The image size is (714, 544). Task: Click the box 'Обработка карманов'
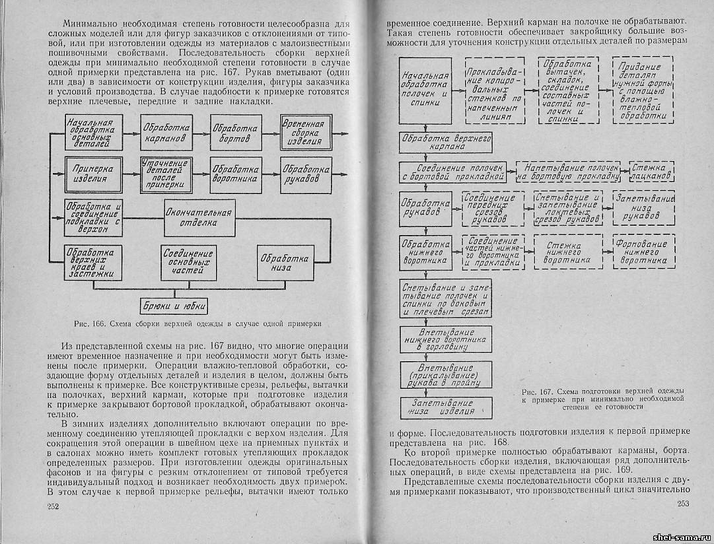(x=166, y=134)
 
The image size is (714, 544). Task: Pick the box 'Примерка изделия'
(x=94, y=174)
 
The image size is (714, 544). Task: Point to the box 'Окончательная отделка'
(x=199, y=217)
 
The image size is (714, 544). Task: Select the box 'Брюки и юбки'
(x=174, y=306)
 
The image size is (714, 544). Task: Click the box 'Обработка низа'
(x=284, y=263)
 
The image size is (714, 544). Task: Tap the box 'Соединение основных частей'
(x=189, y=263)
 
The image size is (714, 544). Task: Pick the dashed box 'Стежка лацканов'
(x=651, y=171)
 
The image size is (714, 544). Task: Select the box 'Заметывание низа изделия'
(x=443, y=406)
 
